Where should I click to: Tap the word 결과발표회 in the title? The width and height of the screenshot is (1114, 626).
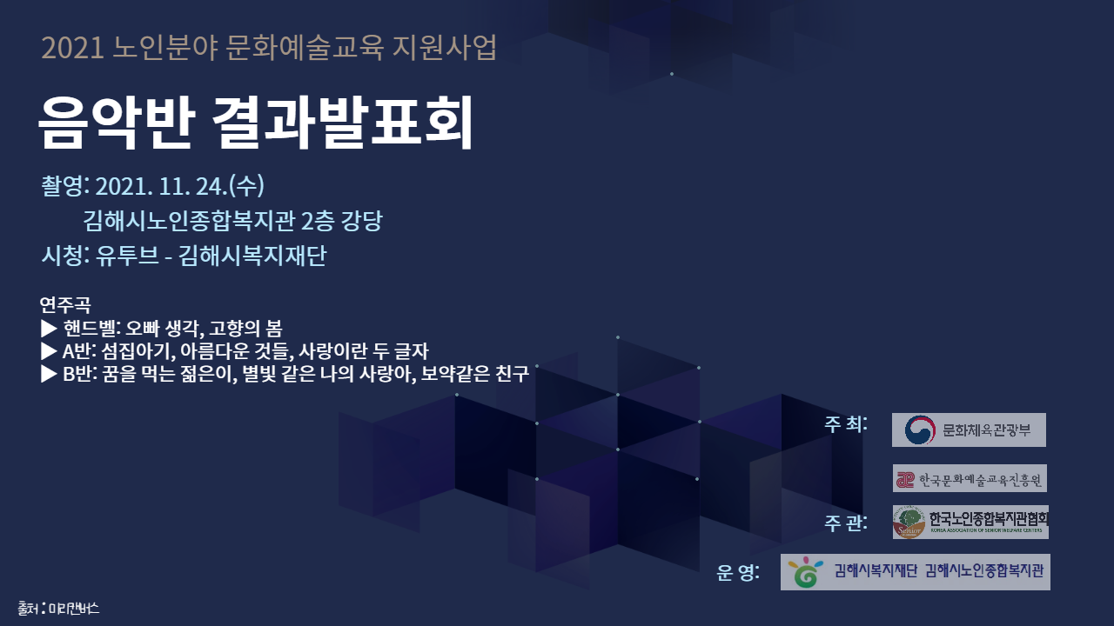click(343, 123)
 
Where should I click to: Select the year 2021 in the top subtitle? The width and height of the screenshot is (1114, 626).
click(73, 49)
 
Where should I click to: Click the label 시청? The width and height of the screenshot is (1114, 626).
click(63, 256)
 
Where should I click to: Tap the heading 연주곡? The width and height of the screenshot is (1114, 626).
click(64, 305)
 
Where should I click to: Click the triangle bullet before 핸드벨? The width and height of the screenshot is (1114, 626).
click(49, 329)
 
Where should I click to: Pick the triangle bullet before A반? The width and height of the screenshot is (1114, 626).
click(49, 351)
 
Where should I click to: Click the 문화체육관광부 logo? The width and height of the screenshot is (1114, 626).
click(969, 430)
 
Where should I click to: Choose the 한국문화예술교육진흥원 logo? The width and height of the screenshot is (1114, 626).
click(970, 478)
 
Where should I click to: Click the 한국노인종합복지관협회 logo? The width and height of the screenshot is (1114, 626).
click(970, 522)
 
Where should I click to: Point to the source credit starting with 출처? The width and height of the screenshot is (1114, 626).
click(58, 608)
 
